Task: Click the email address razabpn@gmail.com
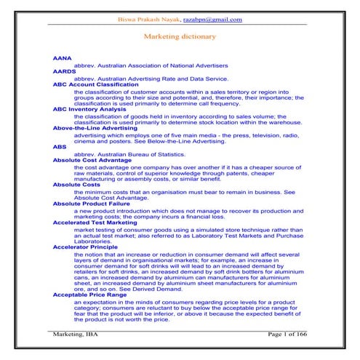(x=217, y=20)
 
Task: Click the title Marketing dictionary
(x=180, y=36)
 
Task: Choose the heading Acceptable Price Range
(x=92, y=296)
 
